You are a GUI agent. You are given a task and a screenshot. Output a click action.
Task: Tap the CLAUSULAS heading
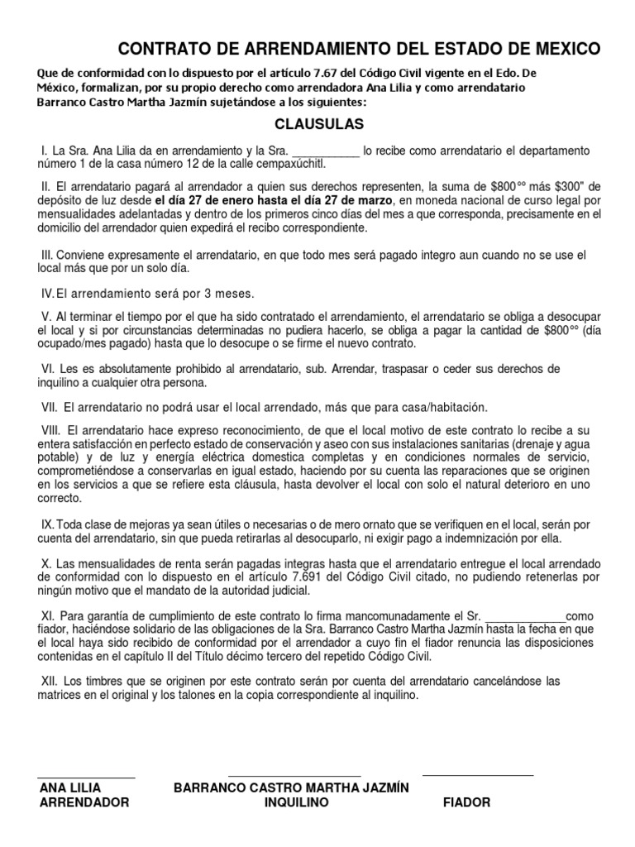tap(319, 125)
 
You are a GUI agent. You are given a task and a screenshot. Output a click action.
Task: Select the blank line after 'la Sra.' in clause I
tap(327, 151)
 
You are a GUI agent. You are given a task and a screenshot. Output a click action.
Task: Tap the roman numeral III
tap(46, 255)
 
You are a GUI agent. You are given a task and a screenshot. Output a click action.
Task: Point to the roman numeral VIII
tap(50, 432)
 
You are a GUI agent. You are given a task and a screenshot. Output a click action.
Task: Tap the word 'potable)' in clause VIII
tap(62, 457)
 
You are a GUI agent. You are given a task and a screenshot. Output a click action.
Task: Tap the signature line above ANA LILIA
tap(86, 777)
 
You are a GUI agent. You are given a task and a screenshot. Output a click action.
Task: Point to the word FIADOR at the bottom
tap(466, 803)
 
